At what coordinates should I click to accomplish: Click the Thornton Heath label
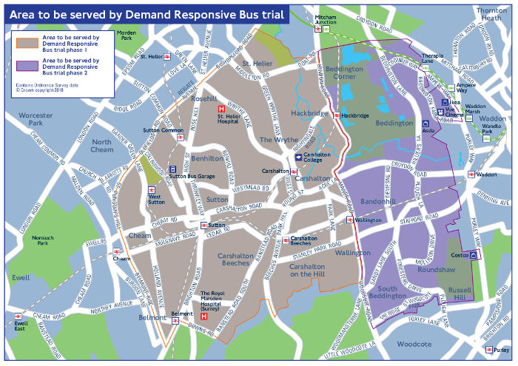click(x=492, y=14)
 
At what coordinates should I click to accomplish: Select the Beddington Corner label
click(x=345, y=72)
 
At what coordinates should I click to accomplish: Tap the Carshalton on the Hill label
click(x=312, y=270)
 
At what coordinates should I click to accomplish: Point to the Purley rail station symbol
click(x=489, y=350)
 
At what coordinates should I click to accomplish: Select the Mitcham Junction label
click(x=325, y=20)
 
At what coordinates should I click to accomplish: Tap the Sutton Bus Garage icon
click(x=172, y=169)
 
